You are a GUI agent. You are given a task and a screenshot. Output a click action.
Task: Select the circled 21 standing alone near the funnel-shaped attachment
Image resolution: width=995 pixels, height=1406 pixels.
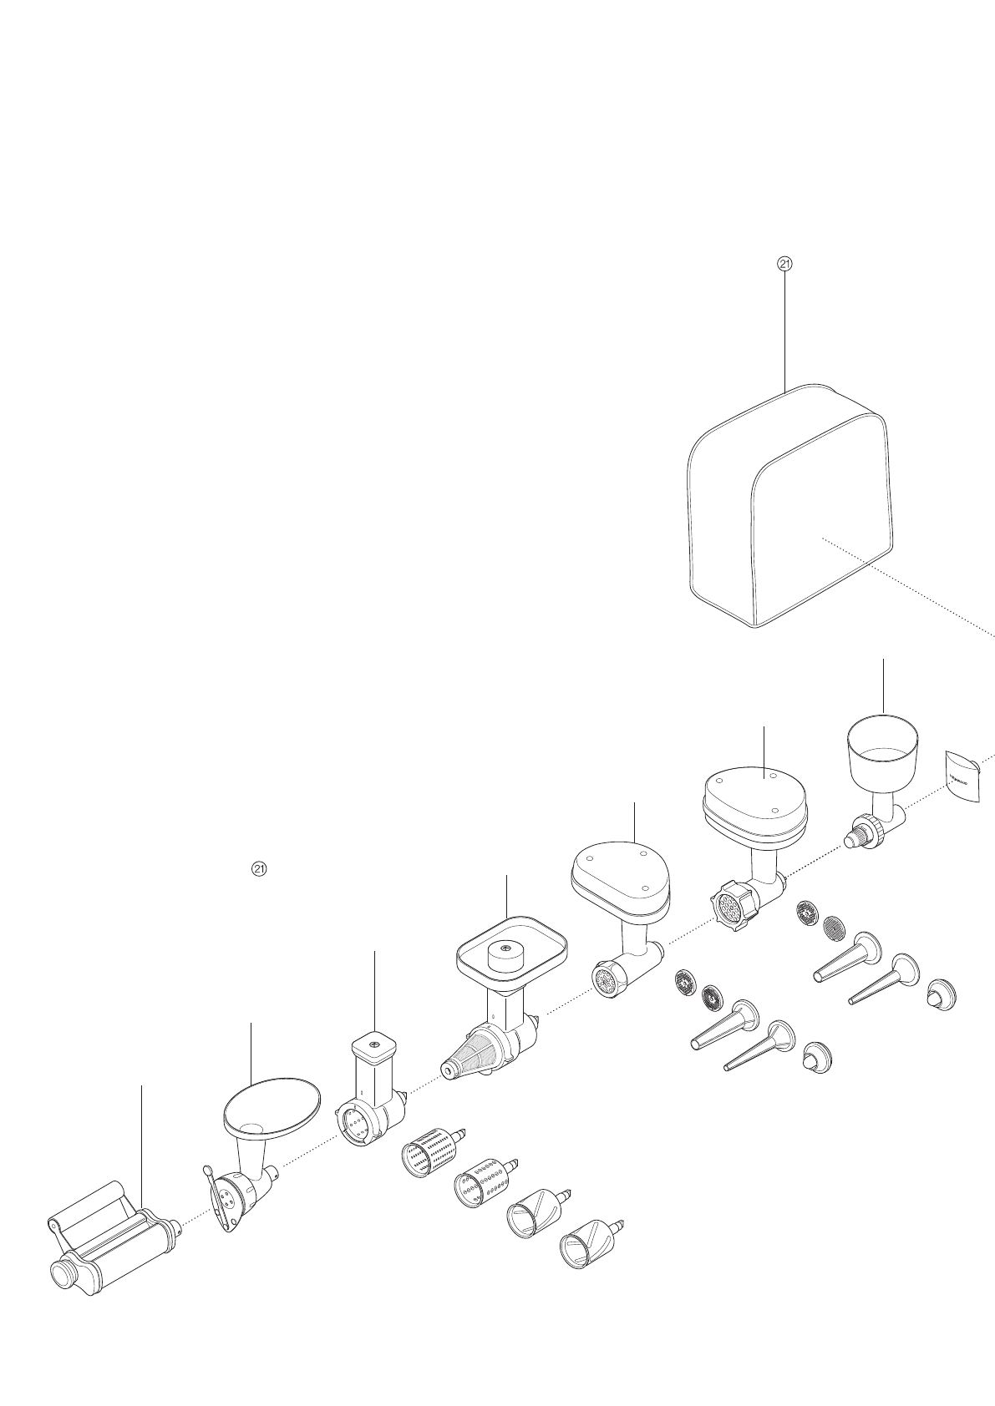coord(259,868)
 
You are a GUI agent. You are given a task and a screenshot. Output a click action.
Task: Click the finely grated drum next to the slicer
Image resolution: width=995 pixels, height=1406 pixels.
coord(430,1156)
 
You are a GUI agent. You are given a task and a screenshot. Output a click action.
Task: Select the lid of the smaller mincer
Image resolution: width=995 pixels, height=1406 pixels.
coord(620,868)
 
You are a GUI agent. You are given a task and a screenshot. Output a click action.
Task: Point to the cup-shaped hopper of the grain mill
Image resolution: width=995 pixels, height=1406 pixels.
coord(882,746)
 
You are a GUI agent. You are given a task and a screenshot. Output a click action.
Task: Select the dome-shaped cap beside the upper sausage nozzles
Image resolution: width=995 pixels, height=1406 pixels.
coord(943,993)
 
